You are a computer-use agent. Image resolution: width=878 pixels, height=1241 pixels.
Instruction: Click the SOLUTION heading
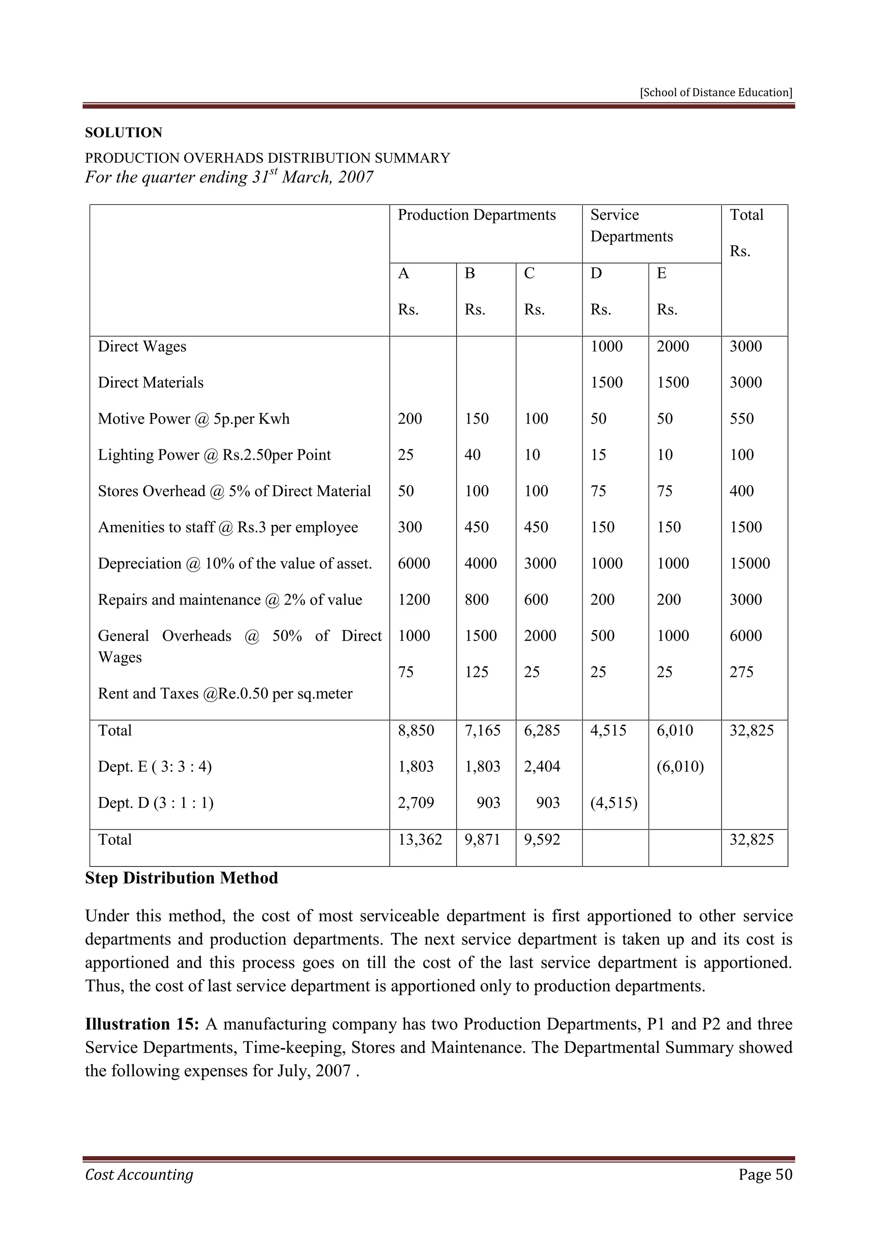(x=123, y=133)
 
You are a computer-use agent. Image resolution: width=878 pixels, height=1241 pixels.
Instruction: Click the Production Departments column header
(x=476, y=215)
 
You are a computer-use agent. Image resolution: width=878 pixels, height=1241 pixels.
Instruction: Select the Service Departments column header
(x=631, y=226)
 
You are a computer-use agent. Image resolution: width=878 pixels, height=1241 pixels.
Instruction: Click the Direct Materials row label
(x=150, y=383)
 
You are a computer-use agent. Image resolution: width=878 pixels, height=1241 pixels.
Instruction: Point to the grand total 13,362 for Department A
(x=420, y=839)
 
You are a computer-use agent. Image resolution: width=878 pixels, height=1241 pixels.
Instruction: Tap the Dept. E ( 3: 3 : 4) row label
(x=155, y=767)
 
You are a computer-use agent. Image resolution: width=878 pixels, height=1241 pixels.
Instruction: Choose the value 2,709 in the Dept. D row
(x=416, y=803)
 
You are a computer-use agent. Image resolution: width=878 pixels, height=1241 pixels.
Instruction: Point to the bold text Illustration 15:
(x=143, y=1024)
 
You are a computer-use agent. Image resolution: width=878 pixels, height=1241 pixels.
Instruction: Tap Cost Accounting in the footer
(x=139, y=1175)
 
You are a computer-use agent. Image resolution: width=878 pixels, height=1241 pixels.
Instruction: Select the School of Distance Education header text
(x=716, y=93)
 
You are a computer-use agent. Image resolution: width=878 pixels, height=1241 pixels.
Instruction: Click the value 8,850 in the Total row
(x=416, y=731)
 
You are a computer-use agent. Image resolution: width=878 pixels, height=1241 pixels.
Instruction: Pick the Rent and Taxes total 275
(x=741, y=672)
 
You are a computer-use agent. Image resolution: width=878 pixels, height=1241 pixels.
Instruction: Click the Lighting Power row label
(x=214, y=455)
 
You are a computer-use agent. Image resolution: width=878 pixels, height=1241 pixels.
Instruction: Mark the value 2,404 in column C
(x=542, y=767)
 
